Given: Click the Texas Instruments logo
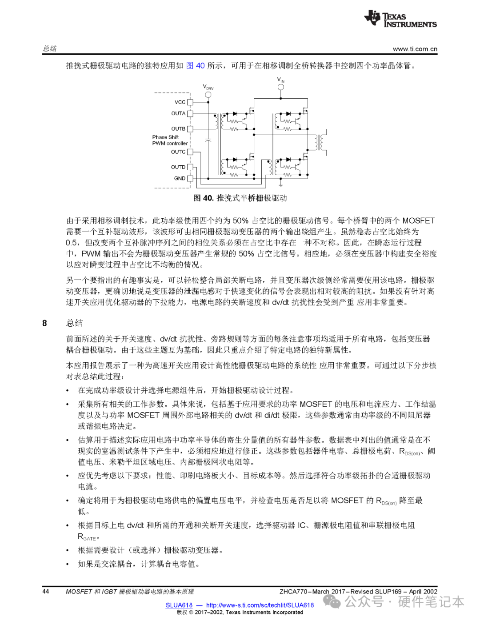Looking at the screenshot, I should click(400, 19).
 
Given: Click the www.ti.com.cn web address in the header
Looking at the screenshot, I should click(415, 49).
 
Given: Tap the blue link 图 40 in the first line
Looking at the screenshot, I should click(195, 66).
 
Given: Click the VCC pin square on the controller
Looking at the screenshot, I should click(190, 102).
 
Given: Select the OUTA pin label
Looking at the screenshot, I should click(178, 114).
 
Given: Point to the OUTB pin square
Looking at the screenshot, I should click(190, 129).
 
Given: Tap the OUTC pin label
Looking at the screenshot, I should click(178, 152).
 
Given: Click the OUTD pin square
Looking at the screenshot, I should click(190, 167).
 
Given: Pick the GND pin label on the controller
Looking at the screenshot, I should click(180, 179).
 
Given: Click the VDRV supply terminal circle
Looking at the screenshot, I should click(208, 95).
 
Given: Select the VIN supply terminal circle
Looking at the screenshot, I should click(281, 87).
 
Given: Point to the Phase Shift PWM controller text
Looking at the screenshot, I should click(170, 140).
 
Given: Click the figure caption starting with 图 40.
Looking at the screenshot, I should click(240, 198).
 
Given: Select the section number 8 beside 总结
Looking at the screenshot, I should click(44, 323).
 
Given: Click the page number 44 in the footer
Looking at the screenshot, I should click(46, 591).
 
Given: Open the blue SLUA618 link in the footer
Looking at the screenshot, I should click(179, 605).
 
